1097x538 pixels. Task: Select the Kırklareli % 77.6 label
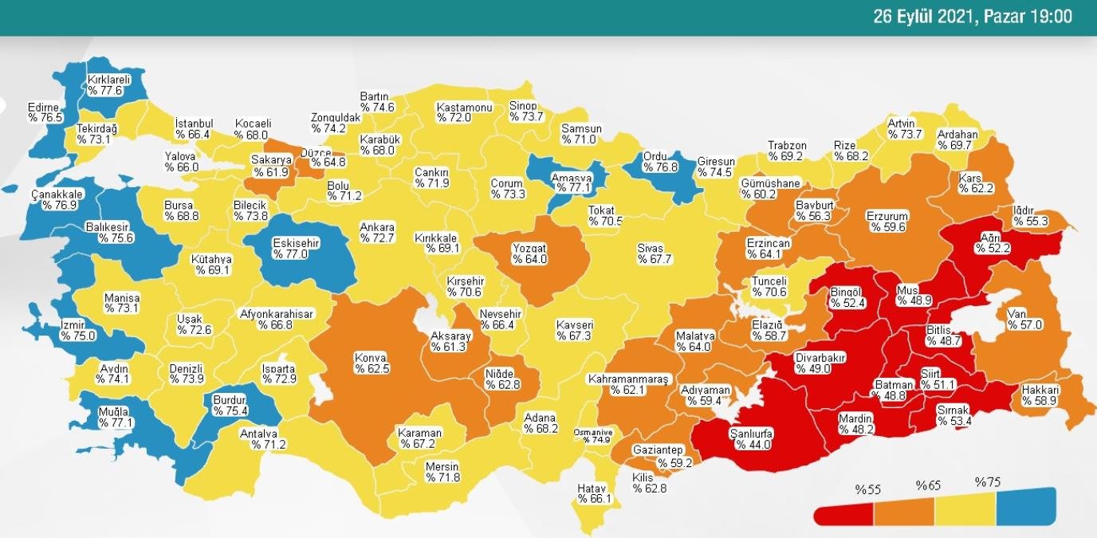[109, 85]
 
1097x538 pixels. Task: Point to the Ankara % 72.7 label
[377, 232]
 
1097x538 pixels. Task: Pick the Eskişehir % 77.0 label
[296, 249]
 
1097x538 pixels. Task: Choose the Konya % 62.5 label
[372, 363]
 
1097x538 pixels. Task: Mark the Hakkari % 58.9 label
[1040, 396]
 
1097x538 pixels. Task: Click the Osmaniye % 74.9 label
[592, 435]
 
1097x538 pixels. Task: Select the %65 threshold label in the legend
[929, 485]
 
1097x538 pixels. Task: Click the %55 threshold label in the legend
[867, 489]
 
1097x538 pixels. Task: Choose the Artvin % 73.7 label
[905, 129]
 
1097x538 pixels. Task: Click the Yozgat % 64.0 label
[529, 254]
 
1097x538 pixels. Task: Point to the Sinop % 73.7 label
[526, 112]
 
